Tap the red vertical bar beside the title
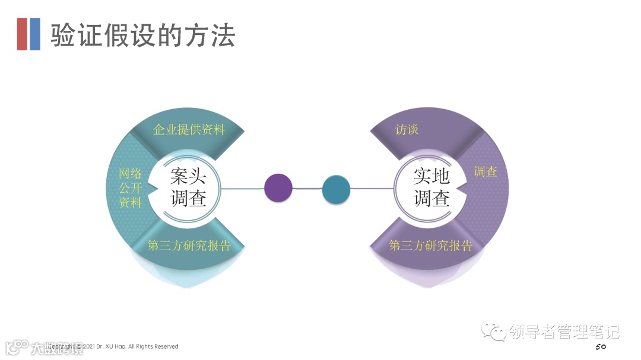point(22,34)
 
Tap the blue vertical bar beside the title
point(35,34)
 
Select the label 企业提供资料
point(189,129)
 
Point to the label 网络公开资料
point(131,188)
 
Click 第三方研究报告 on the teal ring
point(189,246)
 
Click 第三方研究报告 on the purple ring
point(430,246)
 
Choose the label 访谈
point(407,129)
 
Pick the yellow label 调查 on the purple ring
point(485,172)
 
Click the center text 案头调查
point(189,187)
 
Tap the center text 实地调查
point(431,187)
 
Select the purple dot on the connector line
point(278,188)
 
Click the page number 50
point(601,346)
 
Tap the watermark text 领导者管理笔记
point(564,332)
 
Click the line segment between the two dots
point(307,189)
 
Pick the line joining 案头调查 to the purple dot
point(243,189)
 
